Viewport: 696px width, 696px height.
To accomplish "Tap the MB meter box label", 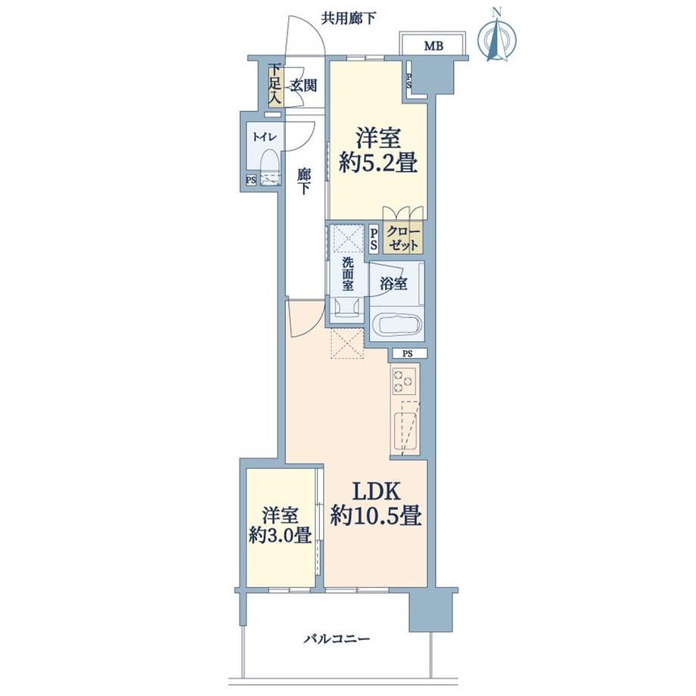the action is (433, 45).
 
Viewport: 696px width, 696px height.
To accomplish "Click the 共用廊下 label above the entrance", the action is (349, 18).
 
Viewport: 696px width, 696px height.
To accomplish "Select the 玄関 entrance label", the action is (303, 85).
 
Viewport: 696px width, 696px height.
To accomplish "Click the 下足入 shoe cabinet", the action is (275, 86).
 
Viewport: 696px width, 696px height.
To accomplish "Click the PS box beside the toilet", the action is (251, 180).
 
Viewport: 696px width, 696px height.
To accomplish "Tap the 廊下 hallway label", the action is (303, 181).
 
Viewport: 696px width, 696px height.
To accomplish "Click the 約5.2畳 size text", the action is (378, 164).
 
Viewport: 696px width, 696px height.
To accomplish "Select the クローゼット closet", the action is (402, 238).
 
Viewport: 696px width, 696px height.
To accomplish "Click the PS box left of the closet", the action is (374, 239).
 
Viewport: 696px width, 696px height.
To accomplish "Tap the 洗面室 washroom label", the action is (347, 274).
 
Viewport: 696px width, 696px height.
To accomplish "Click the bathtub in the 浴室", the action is (395, 326).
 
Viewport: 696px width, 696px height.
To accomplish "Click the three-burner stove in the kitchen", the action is (404, 381).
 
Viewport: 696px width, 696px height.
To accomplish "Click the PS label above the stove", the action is (408, 354).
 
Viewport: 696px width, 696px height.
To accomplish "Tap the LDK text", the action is (377, 492).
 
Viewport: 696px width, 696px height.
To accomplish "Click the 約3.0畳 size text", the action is (280, 536).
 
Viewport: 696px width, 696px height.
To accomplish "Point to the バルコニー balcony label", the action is (337, 639).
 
